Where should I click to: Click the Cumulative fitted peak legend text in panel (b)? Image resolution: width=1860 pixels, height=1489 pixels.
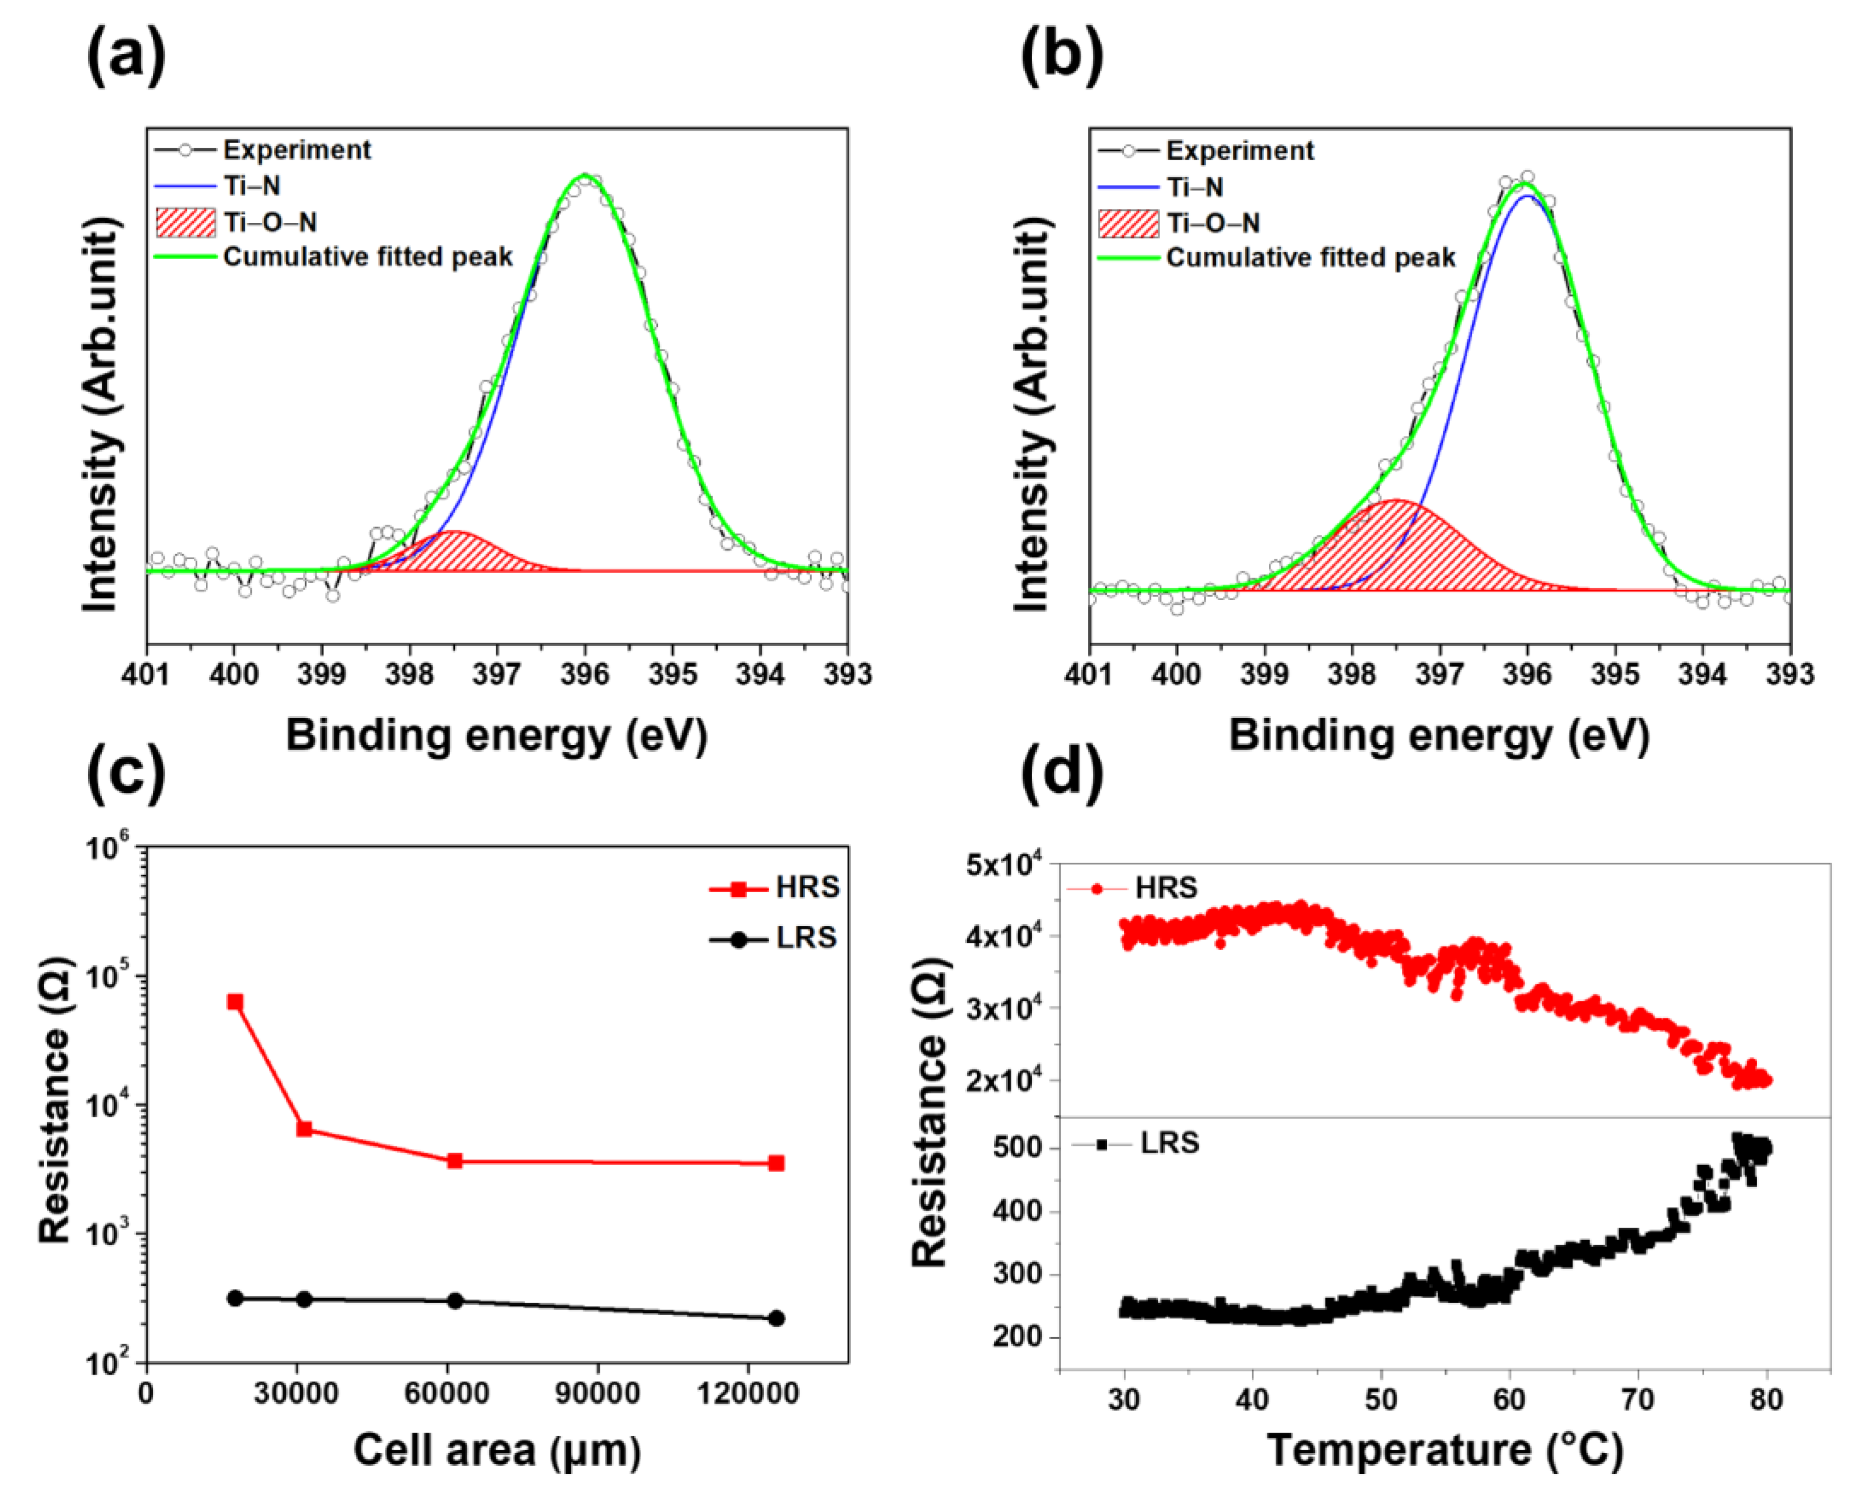(x=1310, y=258)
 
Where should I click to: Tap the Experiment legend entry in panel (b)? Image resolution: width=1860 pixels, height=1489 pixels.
(x=1239, y=151)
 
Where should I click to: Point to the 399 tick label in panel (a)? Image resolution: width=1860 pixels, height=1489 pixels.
(x=322, y=674)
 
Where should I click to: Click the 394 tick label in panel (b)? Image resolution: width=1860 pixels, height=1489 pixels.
(x=1701, y=674)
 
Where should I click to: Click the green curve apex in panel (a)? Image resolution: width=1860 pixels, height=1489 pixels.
(x=586, y=176)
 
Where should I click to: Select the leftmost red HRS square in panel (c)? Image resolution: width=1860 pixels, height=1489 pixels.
(x=235, y=1001)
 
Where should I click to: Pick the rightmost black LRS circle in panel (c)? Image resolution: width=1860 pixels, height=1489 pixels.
(x=775, y=1317)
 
